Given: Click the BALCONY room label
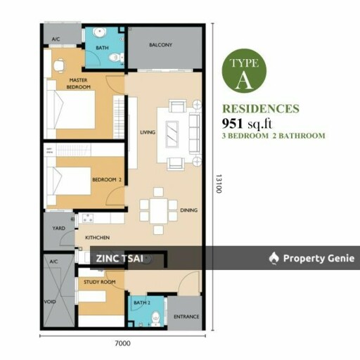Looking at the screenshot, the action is pos(160,44).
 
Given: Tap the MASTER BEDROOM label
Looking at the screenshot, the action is pos(78,84).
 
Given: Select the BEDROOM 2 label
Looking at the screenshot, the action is pos(107,180).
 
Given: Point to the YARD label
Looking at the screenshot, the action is pos(59,228).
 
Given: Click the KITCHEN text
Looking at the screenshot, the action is pos(97,238).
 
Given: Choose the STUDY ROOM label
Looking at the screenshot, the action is pos(100,282).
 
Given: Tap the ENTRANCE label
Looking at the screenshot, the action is pos(186,316).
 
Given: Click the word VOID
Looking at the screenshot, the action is pos(50,302).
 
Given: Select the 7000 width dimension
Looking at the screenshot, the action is pos(122,343).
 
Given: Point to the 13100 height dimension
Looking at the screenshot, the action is pos(219,184).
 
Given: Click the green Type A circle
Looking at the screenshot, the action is pos(244,71).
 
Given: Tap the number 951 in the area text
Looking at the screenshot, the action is pos(232,123).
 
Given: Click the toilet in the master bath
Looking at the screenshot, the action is pos(116,58).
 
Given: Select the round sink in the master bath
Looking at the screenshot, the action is pos(99,32).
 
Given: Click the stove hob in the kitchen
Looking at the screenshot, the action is pos(88,218).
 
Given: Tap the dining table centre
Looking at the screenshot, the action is pos(159,211).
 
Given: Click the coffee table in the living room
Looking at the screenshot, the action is pos(172,134).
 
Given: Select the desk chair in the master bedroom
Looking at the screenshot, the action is pos(59,66).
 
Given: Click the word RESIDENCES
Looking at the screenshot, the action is pos(261,109).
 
